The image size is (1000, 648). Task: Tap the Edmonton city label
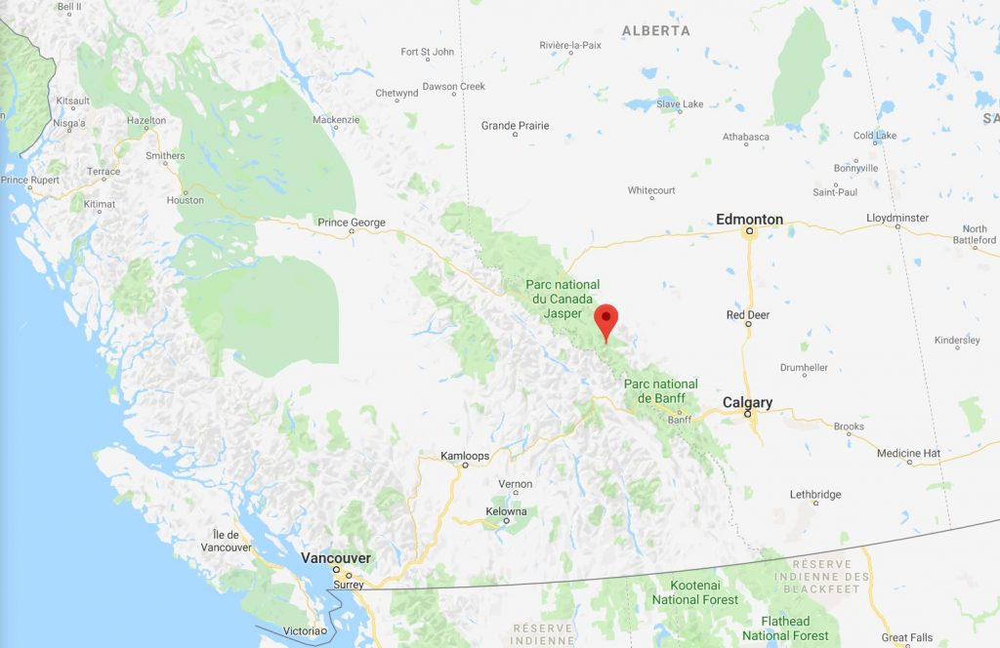(x=749, y=220)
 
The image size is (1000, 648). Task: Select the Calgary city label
(x=747, y=402)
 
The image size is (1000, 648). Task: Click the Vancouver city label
(x=335, y=557)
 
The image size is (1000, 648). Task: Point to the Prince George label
(x=352, y=223)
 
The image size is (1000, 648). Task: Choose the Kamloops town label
(x=464, y=456)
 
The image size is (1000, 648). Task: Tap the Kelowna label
(x=506, y=511)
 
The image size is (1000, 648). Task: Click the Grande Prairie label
(x=516, y=126)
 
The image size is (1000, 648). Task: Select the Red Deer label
(x=748, y=315)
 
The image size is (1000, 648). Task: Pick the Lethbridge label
(x=814, y=495)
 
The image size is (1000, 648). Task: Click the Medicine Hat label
(x=908, y=454)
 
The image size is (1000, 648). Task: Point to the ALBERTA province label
(x=656, y=31)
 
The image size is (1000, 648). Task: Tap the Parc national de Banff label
(x=661, y=390)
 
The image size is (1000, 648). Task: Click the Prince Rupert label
(x=29, y=180)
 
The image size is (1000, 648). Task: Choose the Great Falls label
(x=906, y=637)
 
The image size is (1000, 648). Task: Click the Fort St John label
(x=428, y=52)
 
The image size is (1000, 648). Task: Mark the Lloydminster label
(x=896, y=218)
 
